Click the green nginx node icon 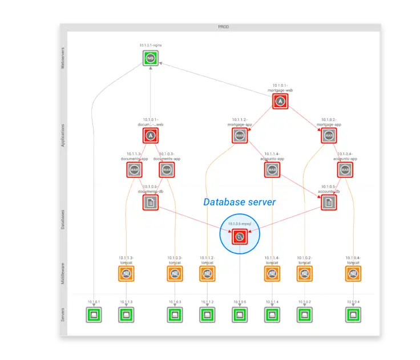[x=151, y=58]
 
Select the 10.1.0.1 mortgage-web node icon [x=280, y=102]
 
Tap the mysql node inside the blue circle [x=240, y=236]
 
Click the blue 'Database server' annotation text [x=240, y=202]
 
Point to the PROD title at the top [x=223, y=27]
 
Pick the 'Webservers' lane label [x=63, y=58]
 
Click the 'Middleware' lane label [x=63, y=273]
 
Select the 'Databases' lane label [x=63, y=219]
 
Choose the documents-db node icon [x=151, y=202]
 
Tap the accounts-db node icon [x=329, y=202]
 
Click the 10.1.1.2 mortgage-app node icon [x=240, y=135]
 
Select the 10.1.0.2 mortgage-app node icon [x=328, y=135]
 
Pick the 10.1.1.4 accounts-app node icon [x=272, y=169]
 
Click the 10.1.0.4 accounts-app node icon [x=344, y=169]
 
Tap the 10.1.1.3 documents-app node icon [x=135, y=169]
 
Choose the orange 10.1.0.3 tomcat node [x=175, y=273]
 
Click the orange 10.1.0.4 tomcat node [x=353, y=273]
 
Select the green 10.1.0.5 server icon [x=240, y=314]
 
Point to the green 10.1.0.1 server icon [x=94, y=314]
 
